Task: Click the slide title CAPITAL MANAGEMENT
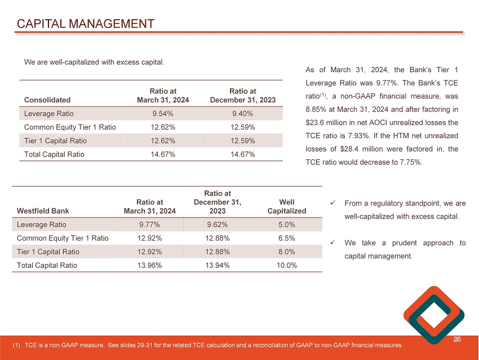tap(86, 24)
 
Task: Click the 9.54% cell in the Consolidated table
tap(163, 113)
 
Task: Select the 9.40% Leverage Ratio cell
tap(242, 113)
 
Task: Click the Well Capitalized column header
tap(287, 206)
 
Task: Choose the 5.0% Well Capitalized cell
tap(287, 225)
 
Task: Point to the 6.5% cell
tap(287, 238)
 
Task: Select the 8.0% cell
tap(287, 252)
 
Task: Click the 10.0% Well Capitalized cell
tap(287, 265)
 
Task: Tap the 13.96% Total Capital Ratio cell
tap(150, 265)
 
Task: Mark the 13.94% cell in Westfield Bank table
tap(217, 265)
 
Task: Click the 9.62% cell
tap(217, 225)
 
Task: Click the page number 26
tap(457, 340)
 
